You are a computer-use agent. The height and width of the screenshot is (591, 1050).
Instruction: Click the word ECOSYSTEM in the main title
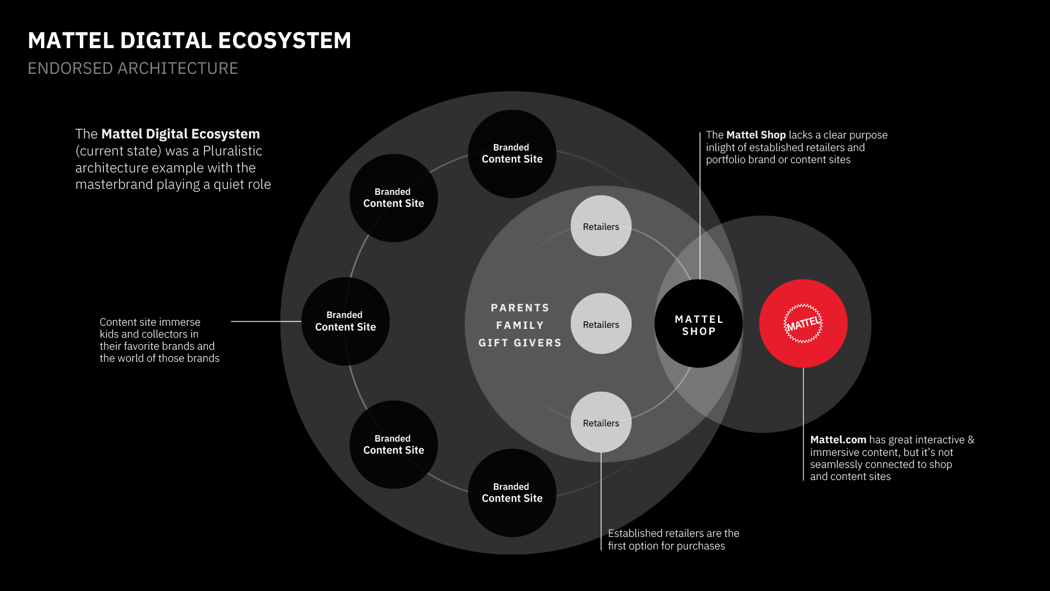coord(284,41)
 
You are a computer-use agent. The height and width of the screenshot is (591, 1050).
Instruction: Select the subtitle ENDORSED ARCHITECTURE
coord(133,68)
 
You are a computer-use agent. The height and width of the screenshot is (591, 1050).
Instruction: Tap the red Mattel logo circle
coord(803,323)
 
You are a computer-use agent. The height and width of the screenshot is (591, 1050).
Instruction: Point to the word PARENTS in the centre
coord(520,308)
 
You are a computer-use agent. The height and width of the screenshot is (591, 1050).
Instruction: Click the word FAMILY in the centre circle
coord(520,326)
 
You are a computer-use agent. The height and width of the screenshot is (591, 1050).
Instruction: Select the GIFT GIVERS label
coord(520,343)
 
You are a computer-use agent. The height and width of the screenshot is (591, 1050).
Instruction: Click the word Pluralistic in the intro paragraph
coord(232,151)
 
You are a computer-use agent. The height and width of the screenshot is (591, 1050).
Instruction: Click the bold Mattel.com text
coord(838,440)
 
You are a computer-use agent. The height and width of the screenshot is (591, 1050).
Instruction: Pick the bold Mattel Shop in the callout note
coord(756,135)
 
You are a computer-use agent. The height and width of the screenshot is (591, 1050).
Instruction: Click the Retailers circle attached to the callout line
coord(600,422)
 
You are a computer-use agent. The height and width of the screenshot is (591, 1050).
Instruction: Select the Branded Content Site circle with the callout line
coord(345,321)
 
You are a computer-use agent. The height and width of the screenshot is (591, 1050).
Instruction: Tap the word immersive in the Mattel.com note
coord(836,453)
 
